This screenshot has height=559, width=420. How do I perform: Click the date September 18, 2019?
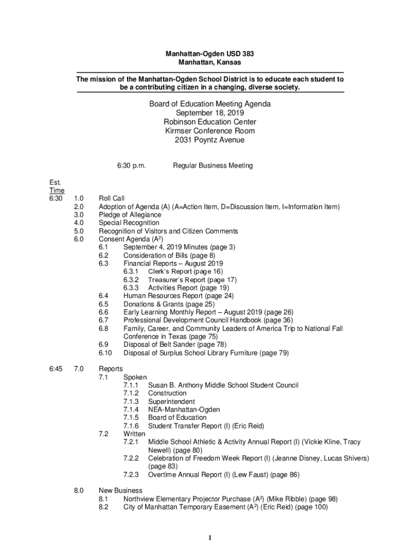[x=210, y=113]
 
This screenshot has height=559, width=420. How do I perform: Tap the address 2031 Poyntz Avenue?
[x=210, y=140]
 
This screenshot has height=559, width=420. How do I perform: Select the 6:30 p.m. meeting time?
[x=131, y=165]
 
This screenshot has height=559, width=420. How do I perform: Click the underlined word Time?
[x=57, y=191]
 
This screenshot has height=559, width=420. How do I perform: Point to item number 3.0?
[x=79, y=215]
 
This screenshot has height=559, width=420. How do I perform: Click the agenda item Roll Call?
[x=112, y=199]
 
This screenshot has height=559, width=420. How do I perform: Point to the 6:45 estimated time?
[x=56, y=369]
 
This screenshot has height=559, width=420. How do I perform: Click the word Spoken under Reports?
[x=135, y=377]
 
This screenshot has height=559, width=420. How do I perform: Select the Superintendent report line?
[x=171, y=401]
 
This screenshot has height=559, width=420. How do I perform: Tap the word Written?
[x=134, y=433]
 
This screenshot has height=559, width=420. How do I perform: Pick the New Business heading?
[x=120, y=490]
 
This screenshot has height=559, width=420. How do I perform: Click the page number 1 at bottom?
[x=210, y=538]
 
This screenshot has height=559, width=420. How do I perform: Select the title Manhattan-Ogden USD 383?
[x=210, y=54]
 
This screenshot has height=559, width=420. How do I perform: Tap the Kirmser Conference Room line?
[x=210, y=131]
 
